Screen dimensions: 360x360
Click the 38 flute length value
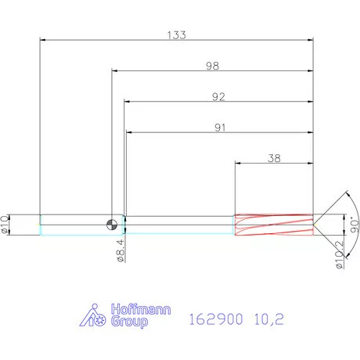point(274,157)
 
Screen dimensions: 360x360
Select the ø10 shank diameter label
point(6,224)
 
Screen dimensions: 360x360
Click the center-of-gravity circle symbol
point(114,224)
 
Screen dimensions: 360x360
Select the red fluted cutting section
point(273,224)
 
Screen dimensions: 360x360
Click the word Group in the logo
point(127,322)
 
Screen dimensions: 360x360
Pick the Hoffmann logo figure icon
point(94,315)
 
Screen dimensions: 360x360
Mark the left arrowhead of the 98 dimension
point(114,70)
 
